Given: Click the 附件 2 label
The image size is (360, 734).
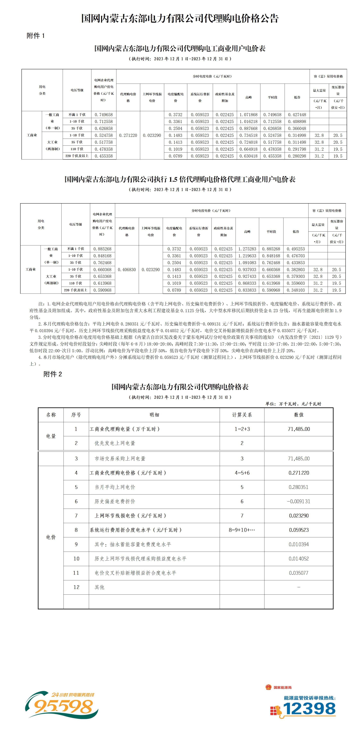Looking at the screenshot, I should (x=53, y=374).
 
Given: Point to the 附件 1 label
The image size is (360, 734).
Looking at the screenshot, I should (x=36, y=36).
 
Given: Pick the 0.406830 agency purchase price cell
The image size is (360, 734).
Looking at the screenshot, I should (x=127, y=269).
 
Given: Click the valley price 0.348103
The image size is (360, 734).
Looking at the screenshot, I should (x=296, y=290).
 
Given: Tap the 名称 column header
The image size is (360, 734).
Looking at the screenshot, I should (x=51, y=415).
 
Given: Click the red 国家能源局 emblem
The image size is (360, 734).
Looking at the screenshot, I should (x=268, y=687).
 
